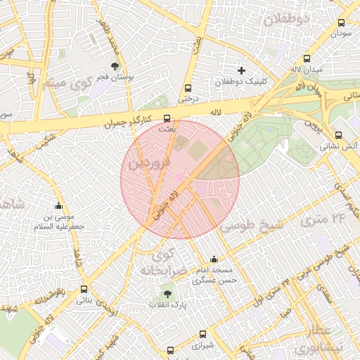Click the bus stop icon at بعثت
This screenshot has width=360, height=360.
tap(167, 118)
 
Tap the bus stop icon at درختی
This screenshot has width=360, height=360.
tap(187, 89)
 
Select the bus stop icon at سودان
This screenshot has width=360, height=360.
tap(342, 22)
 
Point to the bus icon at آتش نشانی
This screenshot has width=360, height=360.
tap(338, 136)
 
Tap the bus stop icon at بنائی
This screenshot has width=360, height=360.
tap(84, 289)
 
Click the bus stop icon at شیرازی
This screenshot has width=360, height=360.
tap(202, 335)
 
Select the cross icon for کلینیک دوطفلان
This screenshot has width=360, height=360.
tap(242, 70)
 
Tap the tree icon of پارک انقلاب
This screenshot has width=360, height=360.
tap(167, 294)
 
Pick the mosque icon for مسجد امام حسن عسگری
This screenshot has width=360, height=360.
tap(214, 259)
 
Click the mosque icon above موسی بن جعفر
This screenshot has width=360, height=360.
tap(59, 207)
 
